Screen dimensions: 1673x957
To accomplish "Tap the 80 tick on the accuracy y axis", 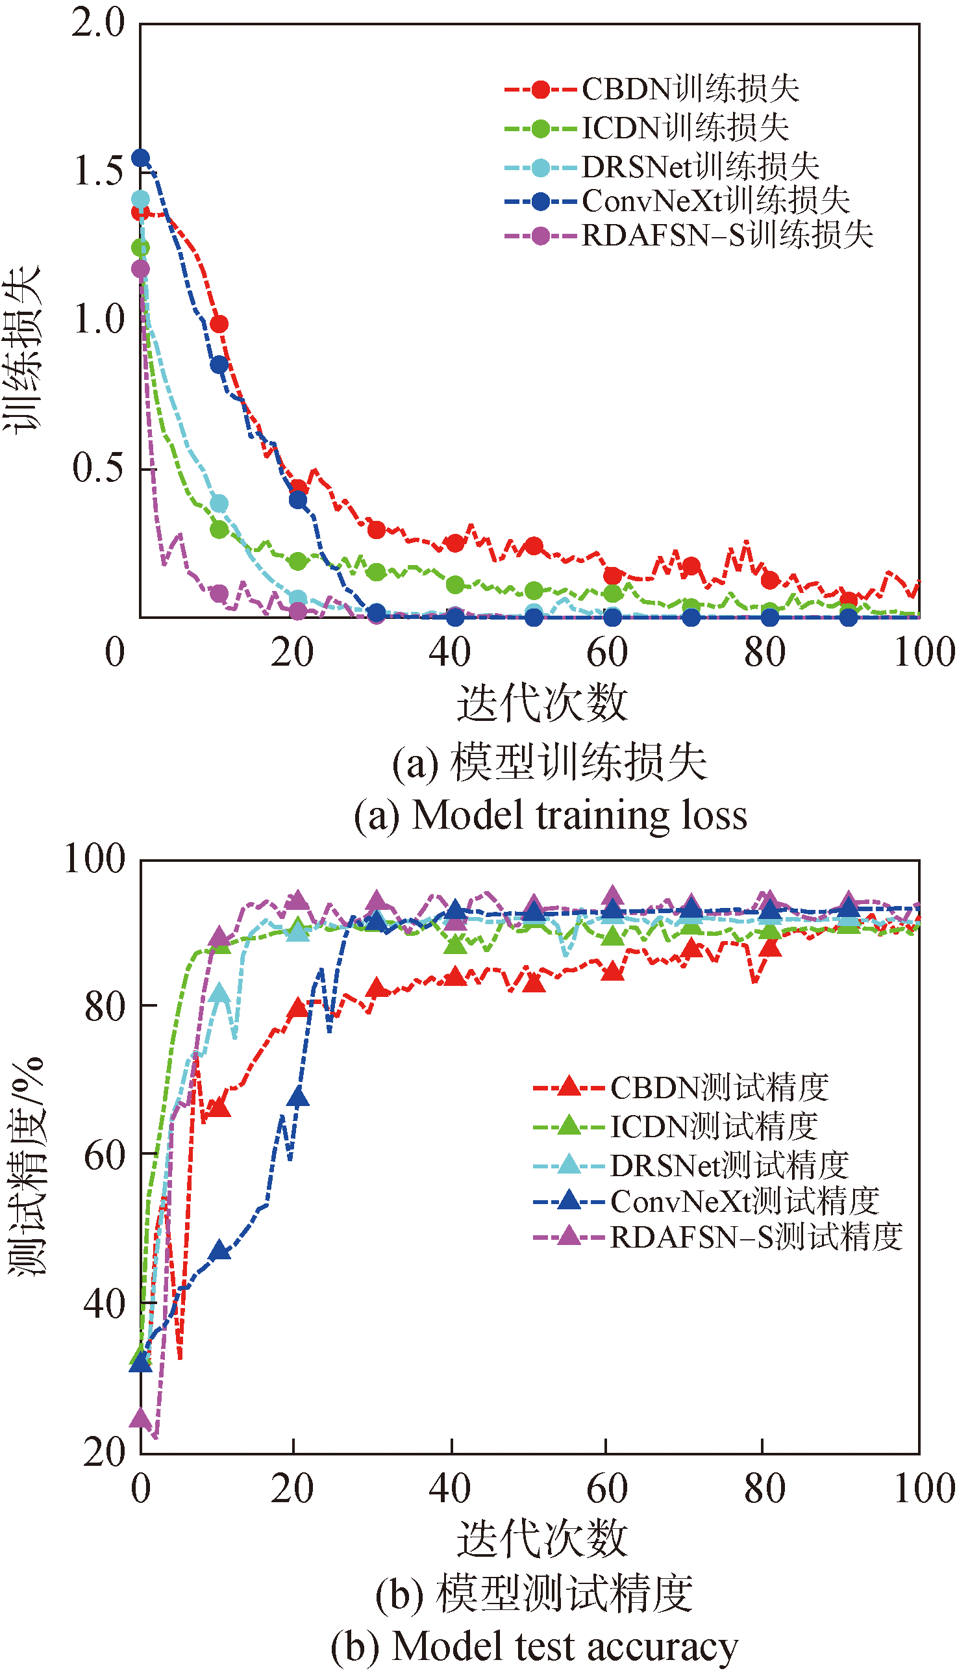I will tap(105, 1007).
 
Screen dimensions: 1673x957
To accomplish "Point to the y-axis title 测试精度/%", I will tap(26, 1167).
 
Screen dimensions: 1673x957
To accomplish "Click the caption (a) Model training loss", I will tap(550, 815).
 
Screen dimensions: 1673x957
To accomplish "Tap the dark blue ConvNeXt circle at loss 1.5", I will tap(141, 158).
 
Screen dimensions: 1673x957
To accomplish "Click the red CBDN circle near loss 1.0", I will tap(219, 324).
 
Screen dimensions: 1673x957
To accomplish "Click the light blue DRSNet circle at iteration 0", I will tap(141, 199).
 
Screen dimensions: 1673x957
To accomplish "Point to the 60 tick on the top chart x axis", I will tap(607, 653).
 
